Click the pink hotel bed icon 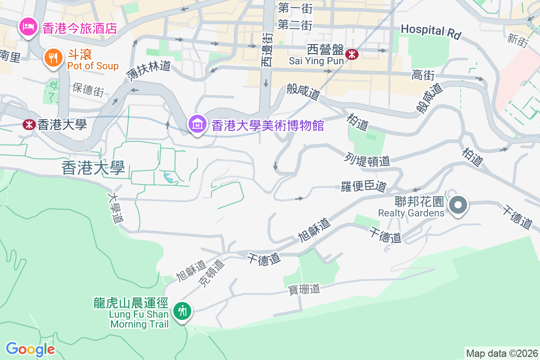click(28, 27)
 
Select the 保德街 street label click(88, 90)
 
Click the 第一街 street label click(295, 8)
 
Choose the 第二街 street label click(295, 25)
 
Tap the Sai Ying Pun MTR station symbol click(352, 55)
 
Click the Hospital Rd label click(431, 31)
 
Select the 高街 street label click(423, 75)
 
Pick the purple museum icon click(197, 124)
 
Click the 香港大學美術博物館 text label click(268, 125)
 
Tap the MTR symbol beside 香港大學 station click(29, 125)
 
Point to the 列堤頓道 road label click(368, 159)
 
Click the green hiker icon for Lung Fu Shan click(182, 310)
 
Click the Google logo click(30, 349)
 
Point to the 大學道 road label click(116, 209)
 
